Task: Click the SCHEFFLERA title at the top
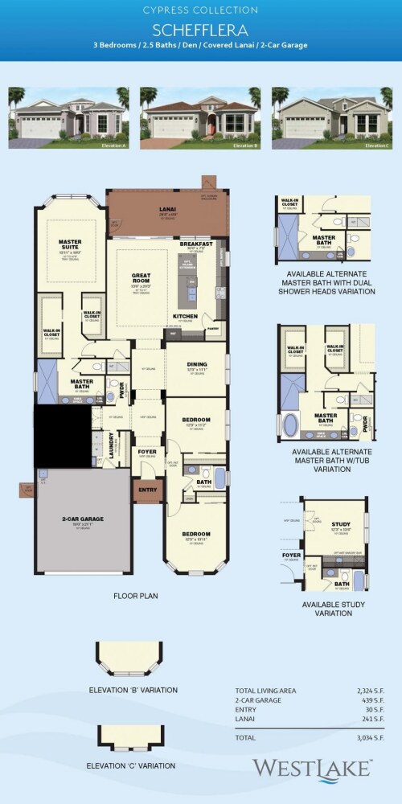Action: pos(201,29)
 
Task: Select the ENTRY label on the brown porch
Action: pos(148,489)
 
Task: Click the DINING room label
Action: pos(197,364)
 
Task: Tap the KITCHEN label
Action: pos(186,317)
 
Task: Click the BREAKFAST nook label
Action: pos(196,243)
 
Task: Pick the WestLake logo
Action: pos(311,768)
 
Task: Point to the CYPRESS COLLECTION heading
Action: pos(201,10)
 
